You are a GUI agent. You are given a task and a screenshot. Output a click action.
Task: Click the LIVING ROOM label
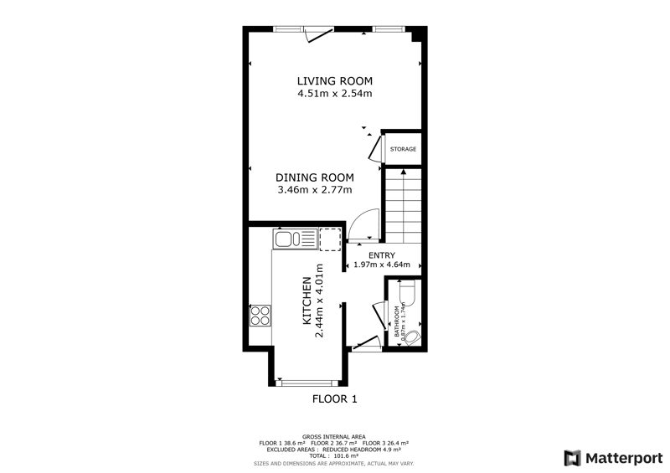[334, 80]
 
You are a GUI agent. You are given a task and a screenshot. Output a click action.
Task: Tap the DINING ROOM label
[315, 177]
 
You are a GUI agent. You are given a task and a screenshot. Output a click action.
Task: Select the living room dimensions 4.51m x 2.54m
[334, 93]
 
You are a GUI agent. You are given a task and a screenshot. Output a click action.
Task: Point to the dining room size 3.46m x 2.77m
[315, 189]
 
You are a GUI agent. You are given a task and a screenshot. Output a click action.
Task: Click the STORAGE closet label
[403, 149]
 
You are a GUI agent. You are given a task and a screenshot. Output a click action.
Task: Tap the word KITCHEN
[307, 301]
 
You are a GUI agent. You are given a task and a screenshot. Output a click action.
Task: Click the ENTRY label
[382, 255]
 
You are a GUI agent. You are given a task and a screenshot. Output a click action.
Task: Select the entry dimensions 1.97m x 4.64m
[382, 265]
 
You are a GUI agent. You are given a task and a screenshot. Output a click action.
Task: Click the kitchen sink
[295, 239]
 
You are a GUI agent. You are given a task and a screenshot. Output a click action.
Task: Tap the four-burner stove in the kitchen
[260, 316]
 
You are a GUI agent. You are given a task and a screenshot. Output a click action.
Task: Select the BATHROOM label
[396, 321]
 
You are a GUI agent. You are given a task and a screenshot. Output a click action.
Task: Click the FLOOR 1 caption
[334, 399]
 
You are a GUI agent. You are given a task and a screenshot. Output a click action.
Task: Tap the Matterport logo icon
[572, 458]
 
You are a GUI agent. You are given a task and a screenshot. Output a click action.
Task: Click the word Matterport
[624, 459]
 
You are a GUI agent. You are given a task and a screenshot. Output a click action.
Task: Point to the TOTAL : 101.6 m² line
[333, 456]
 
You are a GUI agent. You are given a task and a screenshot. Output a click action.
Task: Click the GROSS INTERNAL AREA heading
[333, 437]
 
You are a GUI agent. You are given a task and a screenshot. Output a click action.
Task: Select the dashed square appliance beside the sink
[330, 239]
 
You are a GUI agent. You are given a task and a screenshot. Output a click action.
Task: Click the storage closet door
[375, 148]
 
